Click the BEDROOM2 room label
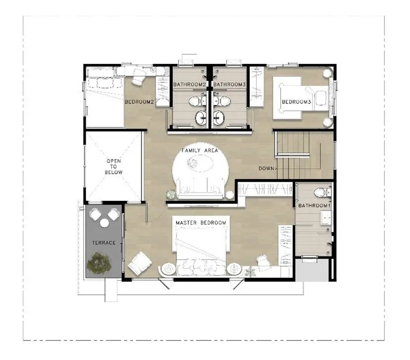[x=139, y=102]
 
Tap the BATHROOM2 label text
[x=190, y=84]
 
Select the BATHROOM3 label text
[x=230, y=84]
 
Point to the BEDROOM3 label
[x=296, y=102]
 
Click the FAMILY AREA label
[x=200, y=151]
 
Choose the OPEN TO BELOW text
[x=114, y=166]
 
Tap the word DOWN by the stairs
[x=266, y=168]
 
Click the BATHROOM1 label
[x=315, y=205]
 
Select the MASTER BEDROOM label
[x=201, y=223]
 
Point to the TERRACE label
[x=104, y=243]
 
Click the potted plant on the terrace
[x=99, y=263]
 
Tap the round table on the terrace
[x=105, y=223]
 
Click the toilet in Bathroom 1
[x=322, y=193]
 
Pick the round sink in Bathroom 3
[x=219, y=118]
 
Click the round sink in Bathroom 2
[x=201, y=118]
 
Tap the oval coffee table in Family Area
[x=200, y=163]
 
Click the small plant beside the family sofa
[x=171, y=194]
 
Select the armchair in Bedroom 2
[x=138, y=76]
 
